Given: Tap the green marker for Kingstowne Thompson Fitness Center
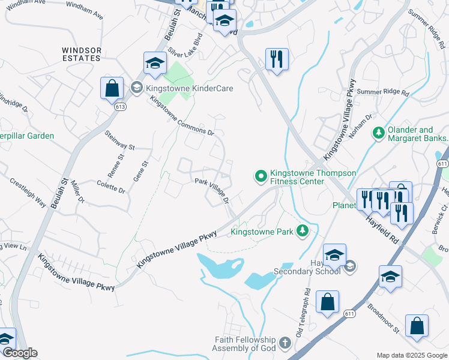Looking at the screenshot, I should click(261, 176).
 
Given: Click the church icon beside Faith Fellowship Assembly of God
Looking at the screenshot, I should click(285, 344).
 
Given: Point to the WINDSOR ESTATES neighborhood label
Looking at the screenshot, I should click(81, 54).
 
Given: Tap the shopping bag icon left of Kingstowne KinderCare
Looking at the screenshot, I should click(112, 88).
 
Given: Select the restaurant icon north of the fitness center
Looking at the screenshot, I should click(277, 59).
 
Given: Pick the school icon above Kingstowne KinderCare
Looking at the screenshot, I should click(155, 63).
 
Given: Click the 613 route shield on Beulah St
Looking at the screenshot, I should click(121, 106).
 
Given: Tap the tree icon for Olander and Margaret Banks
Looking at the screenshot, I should click(378, 132).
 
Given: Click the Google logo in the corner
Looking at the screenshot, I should click(19, 353).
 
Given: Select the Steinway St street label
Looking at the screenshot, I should click(120, 140).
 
